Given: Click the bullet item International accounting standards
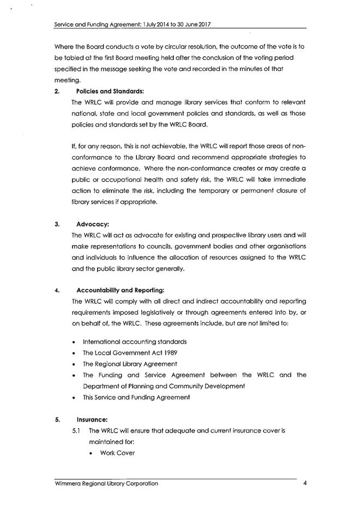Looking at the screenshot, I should (x=134, y=342).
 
